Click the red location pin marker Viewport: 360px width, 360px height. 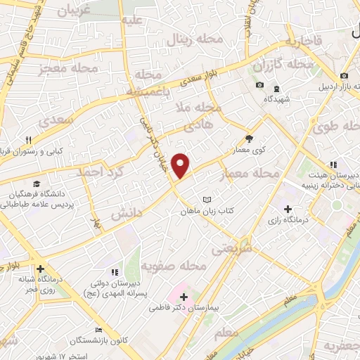pos(181,165)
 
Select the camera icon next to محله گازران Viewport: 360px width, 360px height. pos(259,85)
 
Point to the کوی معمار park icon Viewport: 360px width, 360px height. pos(248,139)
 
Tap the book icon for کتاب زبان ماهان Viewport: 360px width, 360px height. pos(206,200)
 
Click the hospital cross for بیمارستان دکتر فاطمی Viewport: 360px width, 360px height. pos(184,297)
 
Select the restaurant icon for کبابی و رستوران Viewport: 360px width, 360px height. pos(29,140)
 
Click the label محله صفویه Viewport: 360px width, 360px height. pos(173,266)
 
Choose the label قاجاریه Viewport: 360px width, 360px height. pos(303,41)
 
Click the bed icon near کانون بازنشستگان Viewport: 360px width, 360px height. pos(99,330)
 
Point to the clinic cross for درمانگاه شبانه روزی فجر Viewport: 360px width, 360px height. pos(41,269)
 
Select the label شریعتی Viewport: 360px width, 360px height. pos(229,248)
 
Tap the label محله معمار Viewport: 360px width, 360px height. pos(250,173)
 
